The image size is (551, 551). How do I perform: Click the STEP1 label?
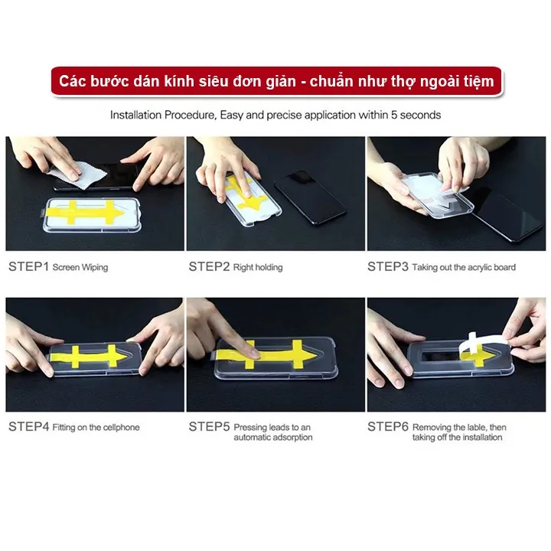28,267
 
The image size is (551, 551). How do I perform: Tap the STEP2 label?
209,267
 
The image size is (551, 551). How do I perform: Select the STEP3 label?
388,267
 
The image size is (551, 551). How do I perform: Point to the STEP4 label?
29,426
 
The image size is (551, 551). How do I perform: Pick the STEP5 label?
209,426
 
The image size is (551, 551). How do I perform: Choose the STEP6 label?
388,426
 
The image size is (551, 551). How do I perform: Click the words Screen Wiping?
80,267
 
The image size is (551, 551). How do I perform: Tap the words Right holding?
258,267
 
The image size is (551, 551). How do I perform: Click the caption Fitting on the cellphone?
96,427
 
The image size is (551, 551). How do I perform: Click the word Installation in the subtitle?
136,115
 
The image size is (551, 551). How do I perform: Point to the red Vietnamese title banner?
276,82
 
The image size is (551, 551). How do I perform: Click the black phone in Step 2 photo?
310,197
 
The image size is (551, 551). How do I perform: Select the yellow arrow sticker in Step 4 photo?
89,356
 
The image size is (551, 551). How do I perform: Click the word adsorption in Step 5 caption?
292,438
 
